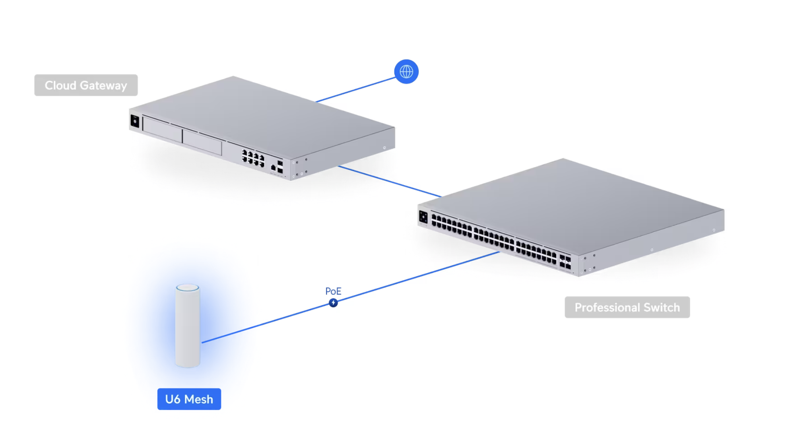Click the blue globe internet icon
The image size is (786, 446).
[406, 72]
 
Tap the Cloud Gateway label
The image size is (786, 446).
[86, 85]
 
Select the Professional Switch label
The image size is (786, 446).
[627, 308]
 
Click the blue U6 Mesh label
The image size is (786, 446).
[189, 399]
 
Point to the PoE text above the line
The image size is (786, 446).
[333, 291]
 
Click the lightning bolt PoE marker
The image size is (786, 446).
[333, 303]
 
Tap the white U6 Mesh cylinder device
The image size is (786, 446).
[188, 326]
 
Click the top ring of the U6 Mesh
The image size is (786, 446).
[188, 287]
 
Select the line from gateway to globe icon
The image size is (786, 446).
[356, 90]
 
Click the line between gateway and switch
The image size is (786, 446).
[390, 181]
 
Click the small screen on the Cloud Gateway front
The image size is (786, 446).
[135, 121]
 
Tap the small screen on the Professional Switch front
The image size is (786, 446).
[423, 217]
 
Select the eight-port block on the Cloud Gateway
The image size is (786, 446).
[253, 157]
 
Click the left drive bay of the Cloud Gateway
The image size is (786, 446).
[163, 129]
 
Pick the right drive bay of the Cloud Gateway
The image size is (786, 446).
[202, 142]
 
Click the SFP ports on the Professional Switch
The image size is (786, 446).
[565, 261]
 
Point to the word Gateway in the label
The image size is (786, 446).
[103, 85]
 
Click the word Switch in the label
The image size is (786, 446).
[662, 308]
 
